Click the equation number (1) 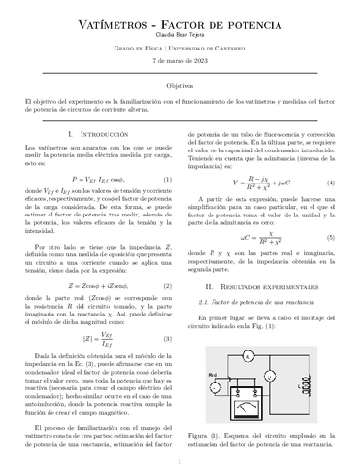[x=168, y=178]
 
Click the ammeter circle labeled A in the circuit [x=249, y=357]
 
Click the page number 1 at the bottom [x=180, y=456]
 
